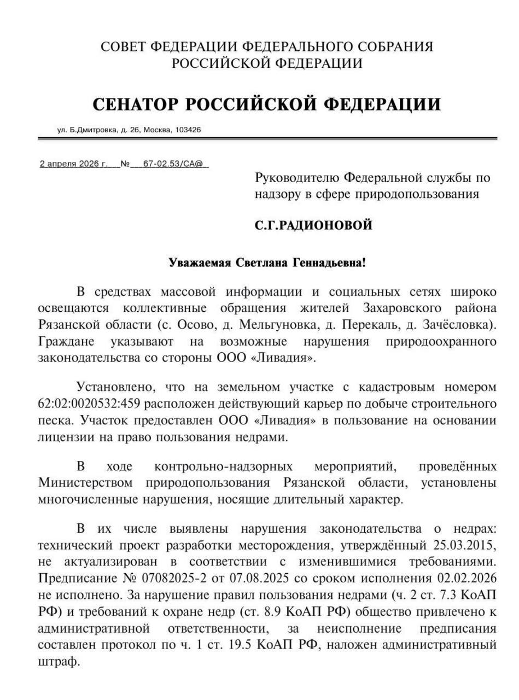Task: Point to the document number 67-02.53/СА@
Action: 173,164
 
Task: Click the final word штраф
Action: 59,662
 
